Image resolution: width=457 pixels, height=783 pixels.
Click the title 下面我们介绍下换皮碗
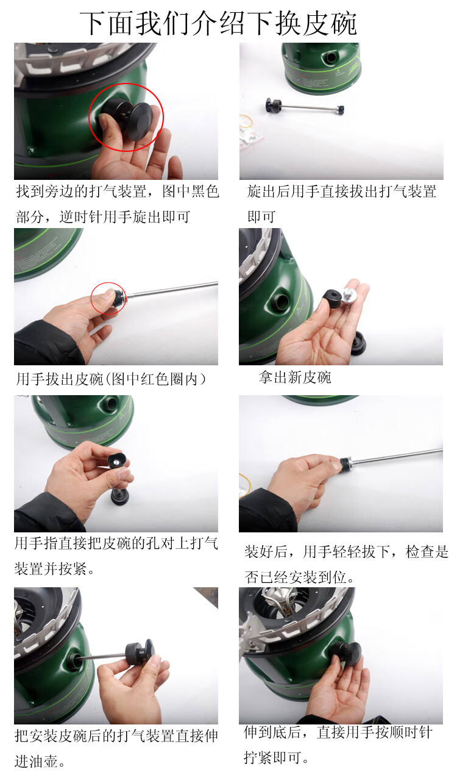click(x=218, y=24)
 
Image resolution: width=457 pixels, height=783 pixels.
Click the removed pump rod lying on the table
click(x=305, y=106)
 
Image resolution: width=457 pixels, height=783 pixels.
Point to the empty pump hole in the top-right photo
click(x=330, y=57)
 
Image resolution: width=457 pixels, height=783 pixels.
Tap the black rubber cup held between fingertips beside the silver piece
click(x=331, y=298)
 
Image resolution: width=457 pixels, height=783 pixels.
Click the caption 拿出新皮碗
click(x=295, y=377)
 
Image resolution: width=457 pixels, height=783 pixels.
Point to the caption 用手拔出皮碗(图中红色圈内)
click(x=111, y=379)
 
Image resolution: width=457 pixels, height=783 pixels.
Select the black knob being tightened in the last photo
click(x=346, y=653)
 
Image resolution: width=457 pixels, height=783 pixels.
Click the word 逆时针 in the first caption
click(x=81, y=217)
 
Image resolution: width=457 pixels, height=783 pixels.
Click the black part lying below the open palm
click(x=358, y=343)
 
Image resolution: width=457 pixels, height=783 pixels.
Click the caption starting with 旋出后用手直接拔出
click(x=342, y=204)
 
